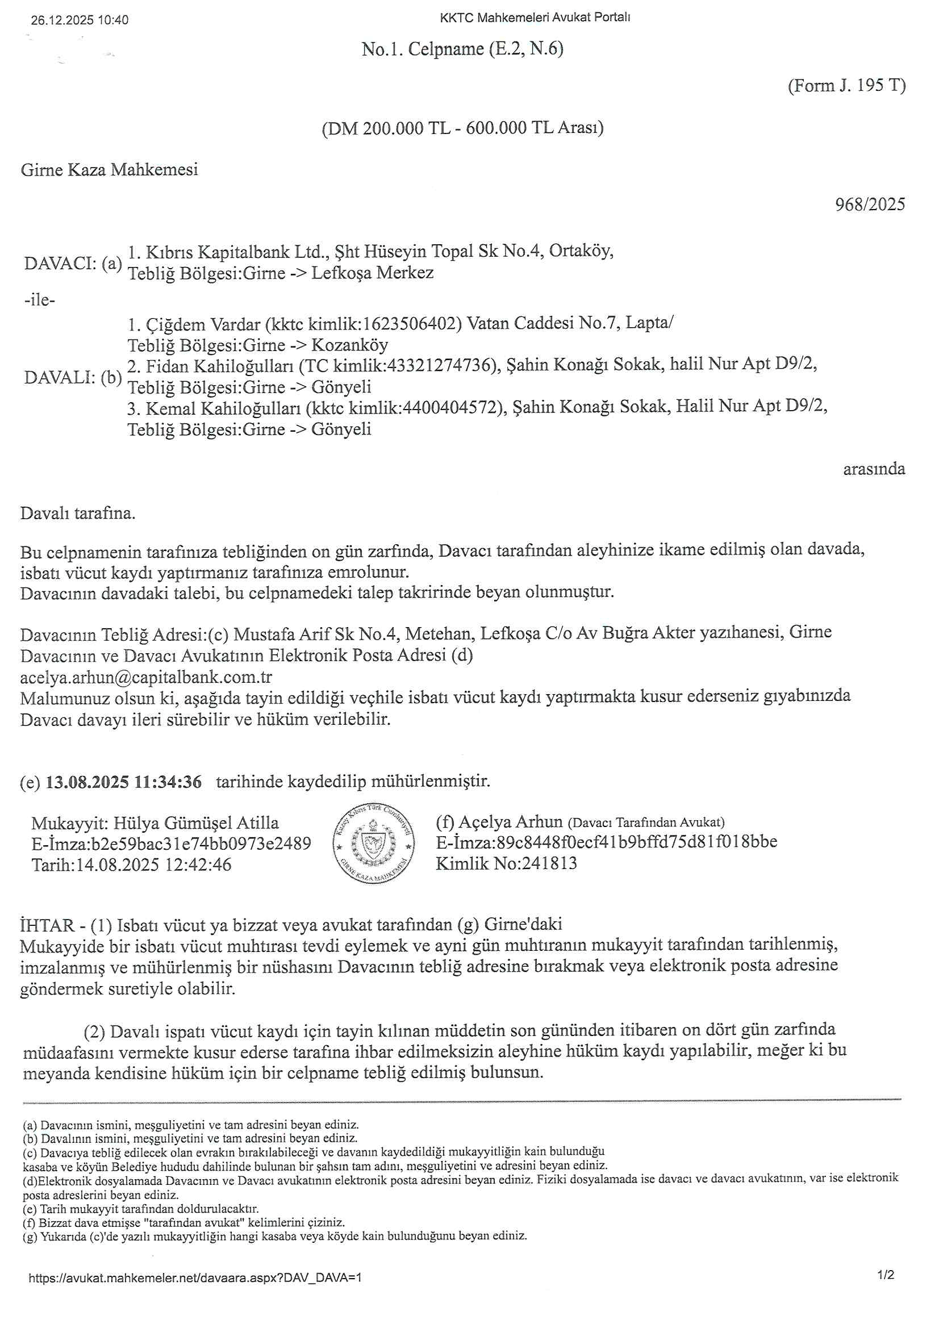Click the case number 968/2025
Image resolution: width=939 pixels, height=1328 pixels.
click(870, 204)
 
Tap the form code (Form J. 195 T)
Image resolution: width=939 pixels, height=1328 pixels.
click(846, 86)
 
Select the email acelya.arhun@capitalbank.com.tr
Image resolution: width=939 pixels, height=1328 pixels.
click(146, 676)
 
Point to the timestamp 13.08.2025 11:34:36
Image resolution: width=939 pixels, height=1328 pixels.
click(124, 782)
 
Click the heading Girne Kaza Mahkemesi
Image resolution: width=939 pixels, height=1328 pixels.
click(109, 169)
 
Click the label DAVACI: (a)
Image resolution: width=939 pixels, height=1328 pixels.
click(73, 263)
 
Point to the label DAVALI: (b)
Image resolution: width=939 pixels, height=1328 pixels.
click(73, 377)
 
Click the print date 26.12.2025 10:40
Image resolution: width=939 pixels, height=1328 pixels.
click(80, 20)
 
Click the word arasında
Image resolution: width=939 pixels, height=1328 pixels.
click(874, 469)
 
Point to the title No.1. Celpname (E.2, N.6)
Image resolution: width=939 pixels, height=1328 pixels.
click(462, 49)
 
